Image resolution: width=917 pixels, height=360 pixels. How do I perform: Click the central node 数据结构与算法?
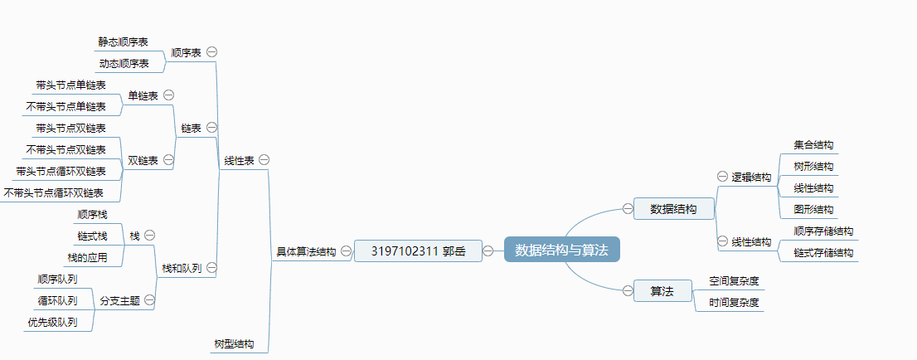coord(561,250)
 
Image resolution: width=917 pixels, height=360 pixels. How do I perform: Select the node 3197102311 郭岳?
coord(418,251)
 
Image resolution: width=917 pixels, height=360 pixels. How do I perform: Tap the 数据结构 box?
coord(673,209)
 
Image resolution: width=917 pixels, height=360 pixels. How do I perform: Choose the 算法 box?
coord(662,290)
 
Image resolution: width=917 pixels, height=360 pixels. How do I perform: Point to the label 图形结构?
coord(813,209)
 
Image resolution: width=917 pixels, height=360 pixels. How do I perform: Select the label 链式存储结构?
coord(823,252)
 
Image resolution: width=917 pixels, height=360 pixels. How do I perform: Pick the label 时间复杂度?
coord(734,302)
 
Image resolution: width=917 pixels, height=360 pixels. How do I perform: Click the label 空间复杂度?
coord(734,280)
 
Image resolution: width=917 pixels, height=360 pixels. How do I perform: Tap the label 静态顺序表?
coord(124,41)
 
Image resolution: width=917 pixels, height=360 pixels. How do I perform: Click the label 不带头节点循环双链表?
coord(54,192)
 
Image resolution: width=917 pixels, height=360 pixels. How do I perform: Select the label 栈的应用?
coord(87,257)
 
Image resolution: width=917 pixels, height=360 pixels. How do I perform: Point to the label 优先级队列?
coord(52,322)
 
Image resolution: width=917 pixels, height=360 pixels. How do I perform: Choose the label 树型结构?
coord(234,343)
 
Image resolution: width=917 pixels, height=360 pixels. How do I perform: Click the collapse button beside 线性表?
coord(264,159)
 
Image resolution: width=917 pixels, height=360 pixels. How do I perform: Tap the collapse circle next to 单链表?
coord(168,95)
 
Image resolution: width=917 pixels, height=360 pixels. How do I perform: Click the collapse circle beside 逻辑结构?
coord(721,177)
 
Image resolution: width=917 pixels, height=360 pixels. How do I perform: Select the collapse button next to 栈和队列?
coord(211,268)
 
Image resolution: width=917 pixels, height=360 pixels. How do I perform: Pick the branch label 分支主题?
coord(119,300)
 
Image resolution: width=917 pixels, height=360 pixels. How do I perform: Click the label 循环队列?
coord(57,300)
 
